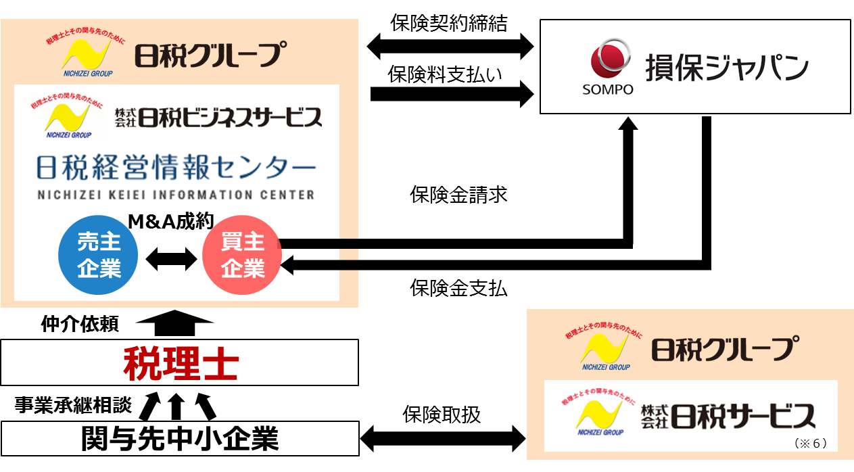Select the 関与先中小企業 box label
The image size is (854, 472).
[x=180, y=439]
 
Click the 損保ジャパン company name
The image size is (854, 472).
[x=726, y=68]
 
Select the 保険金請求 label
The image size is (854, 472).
[x=458, y=195]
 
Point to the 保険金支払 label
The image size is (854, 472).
[x=458, y=288]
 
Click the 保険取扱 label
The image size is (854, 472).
[x=442, y=414]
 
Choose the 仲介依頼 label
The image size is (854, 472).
[x=80, y=325]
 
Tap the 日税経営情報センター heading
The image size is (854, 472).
[x=175, y=168]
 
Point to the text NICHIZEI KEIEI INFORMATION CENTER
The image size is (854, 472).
[x=175, y=195]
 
